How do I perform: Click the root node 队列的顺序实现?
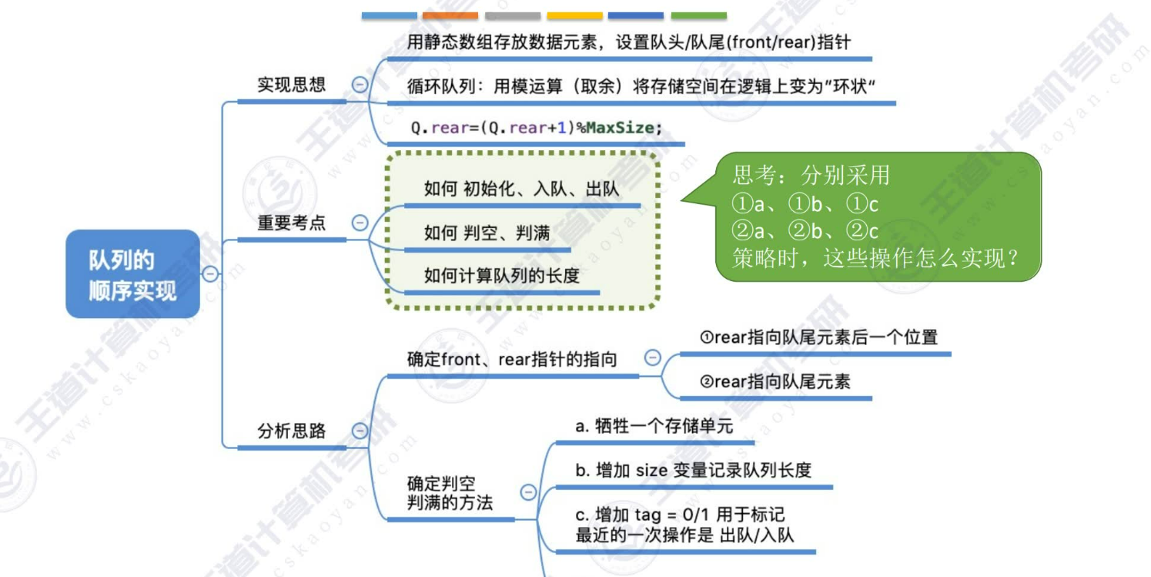132,274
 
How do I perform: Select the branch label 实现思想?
291,85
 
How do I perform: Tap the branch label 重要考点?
291,223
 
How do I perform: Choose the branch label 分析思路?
291,431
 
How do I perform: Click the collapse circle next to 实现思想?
360,85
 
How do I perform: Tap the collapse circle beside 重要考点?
360,223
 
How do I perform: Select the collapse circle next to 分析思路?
360,431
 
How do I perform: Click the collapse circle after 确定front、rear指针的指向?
652,358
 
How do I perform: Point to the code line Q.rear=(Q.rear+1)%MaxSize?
536,128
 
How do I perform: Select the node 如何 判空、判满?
487,233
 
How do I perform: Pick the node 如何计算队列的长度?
501,275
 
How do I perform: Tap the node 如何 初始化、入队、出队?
521,189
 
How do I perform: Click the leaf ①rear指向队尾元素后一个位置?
818,337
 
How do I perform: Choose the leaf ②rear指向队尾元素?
775,381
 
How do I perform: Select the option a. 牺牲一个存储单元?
654,426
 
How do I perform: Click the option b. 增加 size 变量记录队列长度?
693,470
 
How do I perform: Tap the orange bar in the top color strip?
450,15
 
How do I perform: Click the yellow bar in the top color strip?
574,15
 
